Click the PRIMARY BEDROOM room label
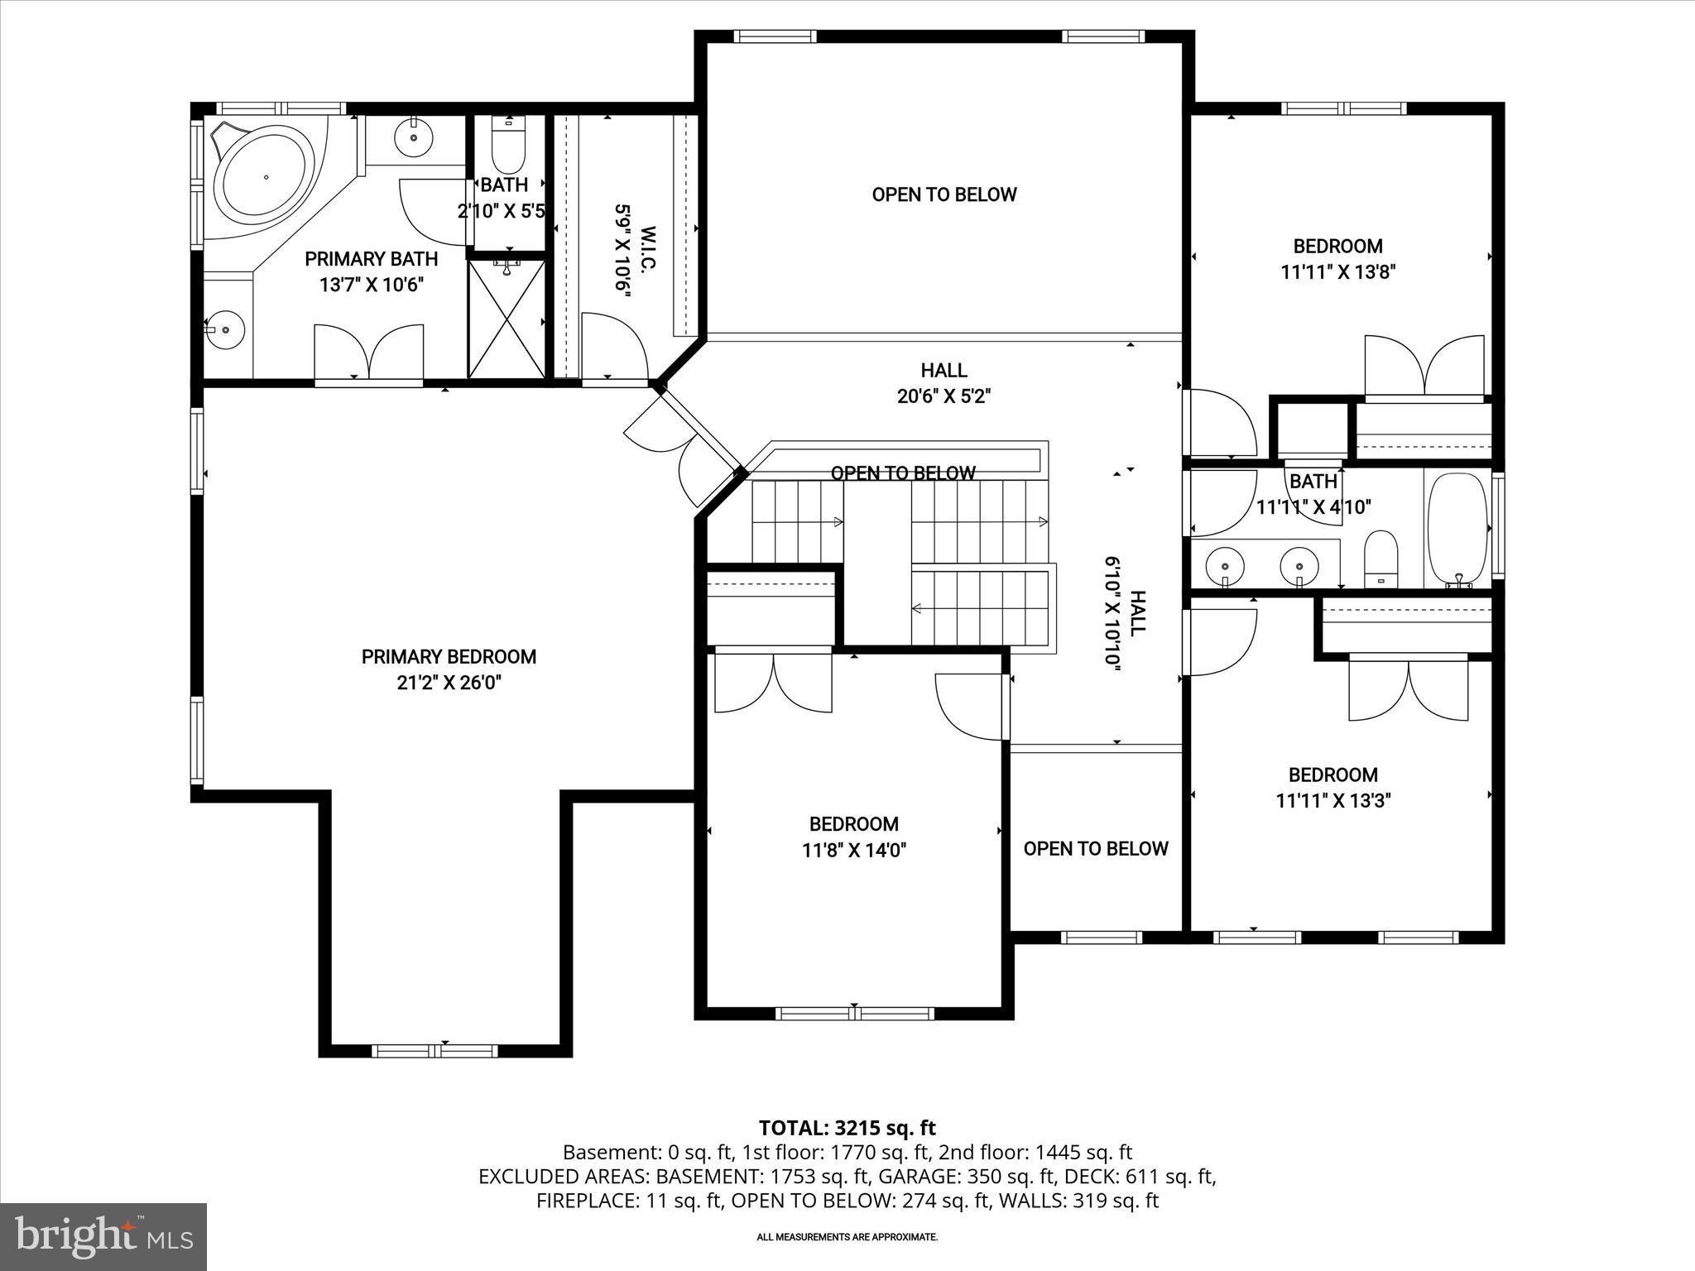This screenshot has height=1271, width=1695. (449, 656)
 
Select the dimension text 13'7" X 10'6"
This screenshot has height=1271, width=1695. (372, 285)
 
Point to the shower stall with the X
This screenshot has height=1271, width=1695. (507, 319)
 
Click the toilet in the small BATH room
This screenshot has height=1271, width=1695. (508, 147)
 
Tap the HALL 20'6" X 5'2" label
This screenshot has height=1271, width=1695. (944, 383)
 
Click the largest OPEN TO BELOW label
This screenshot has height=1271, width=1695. (944, 194)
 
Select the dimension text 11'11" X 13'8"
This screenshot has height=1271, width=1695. (1338, 272)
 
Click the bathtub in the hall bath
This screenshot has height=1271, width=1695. (1457, 530)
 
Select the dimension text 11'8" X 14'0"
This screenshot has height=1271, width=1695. (854, 850)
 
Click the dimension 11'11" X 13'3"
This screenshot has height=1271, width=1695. (1332, 800)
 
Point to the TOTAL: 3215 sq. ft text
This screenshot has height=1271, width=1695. (847, 1127)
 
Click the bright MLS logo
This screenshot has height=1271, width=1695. (103, 1236)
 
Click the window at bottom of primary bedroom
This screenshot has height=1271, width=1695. (435, 1051)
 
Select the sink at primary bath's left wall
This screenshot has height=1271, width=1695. (224, 329)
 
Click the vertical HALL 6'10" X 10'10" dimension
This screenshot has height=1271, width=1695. (1124, 612)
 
